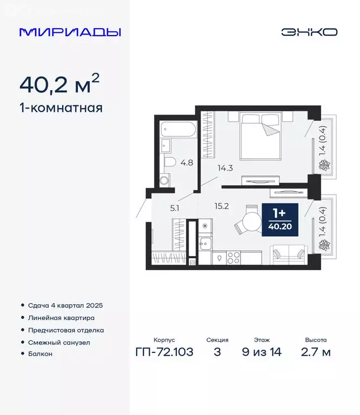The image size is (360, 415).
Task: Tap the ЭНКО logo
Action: pyautogui.click(x=309, y=32)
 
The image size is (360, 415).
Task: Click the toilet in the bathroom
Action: pyautogui.click(x=169, y=162)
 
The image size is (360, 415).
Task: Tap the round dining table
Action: pyautogui.click(x=250, y=222)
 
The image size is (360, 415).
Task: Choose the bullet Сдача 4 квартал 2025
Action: pyautogui.click(x=65, y=305)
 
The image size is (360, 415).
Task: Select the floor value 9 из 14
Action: pyautogui.click(x=262, y=352)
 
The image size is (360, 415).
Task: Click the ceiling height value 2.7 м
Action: pyautogui.click(x=316, y=352)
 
